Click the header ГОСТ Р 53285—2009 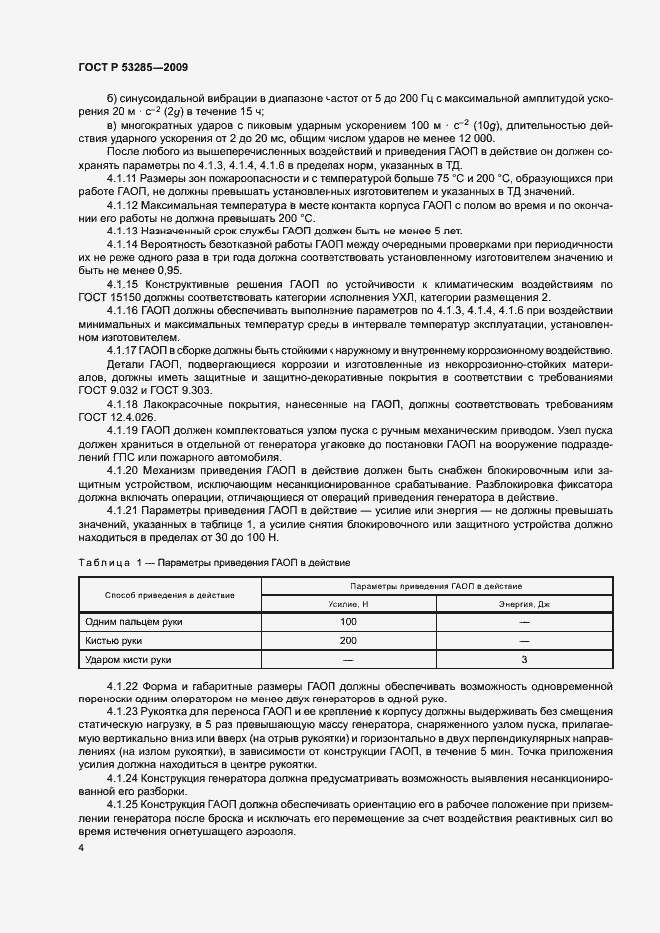pyautogui.click(x=132, y=66)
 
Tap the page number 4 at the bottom pyautogui.click(x=80, y=848)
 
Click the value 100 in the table pyautogui.click(x=348, y=622)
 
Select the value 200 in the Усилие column pyautogui.click(x=348, y=641)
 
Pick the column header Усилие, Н pyautogui.click(x=348, y=604)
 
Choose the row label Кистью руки pyautogui.click(x=113, y=641)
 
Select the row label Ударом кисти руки pyautogui.click(x=129, y=660)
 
